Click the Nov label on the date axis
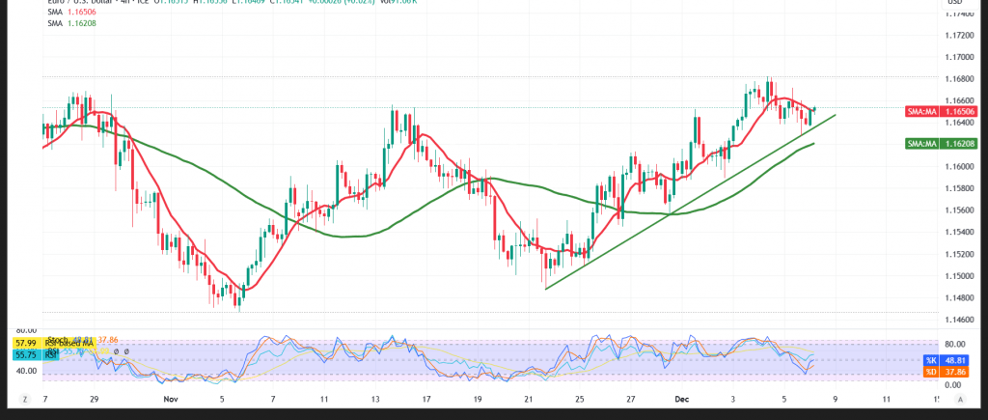(x=171, y=398)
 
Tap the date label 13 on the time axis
(x=372, y=398)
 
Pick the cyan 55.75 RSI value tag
(x=25, y=356)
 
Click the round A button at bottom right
(x=963, y=398)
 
